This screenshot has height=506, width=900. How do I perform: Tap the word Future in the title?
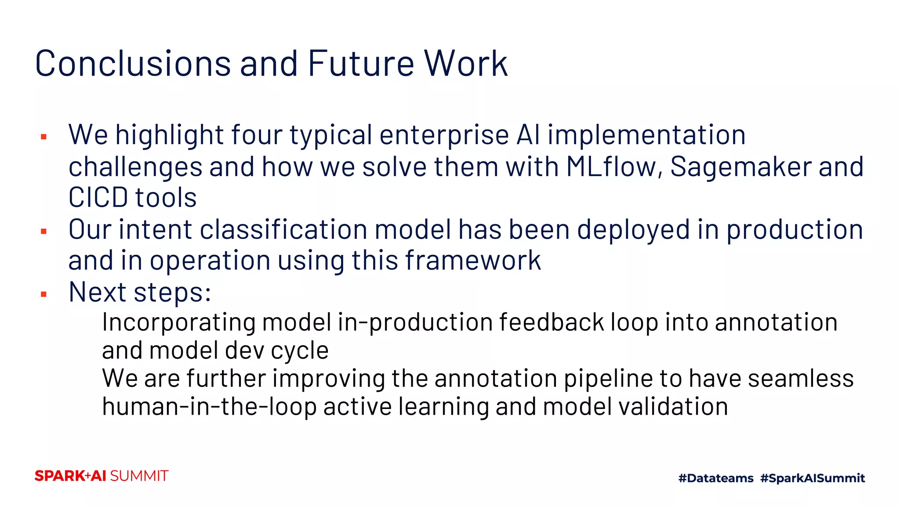coord(361,64)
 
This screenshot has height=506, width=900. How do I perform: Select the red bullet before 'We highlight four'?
coord(44,137)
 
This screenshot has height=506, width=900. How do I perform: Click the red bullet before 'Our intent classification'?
coord(44,231)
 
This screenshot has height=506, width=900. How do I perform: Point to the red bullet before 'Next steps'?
coord(44,294)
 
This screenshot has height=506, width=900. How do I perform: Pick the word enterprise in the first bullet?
coord(444,135)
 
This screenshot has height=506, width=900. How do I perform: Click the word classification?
coord(283,230)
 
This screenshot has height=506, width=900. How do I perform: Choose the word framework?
coord(473,260)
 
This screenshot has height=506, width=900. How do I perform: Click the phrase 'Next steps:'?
coord(140,292)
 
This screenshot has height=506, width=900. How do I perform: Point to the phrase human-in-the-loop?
coord(209,407)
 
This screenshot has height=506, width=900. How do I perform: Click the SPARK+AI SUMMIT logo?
coord(102,476)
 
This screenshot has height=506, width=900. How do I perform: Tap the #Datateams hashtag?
coord(715,478)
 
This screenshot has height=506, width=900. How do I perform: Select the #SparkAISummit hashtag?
coord(812,478)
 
